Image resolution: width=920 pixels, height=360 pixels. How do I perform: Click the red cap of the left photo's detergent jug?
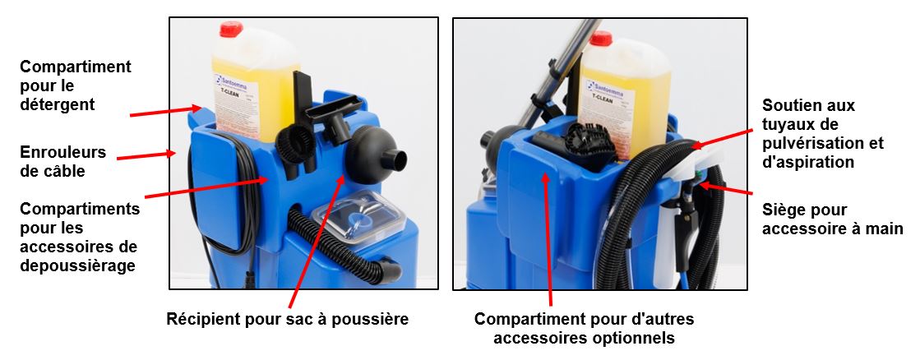pos(230,29)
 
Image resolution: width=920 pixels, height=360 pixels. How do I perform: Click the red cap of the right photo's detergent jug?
pos(601,39)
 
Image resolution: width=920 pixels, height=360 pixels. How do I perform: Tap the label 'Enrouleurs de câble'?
pos(62,161)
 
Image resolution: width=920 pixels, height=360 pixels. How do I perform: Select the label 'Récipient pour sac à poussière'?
pos(288,320)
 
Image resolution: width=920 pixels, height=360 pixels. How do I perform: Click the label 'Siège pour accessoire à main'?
pos(833,219)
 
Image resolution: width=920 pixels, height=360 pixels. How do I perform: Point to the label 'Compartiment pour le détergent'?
pos(75,85)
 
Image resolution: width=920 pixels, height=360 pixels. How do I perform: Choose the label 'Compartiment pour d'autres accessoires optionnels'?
pos(584,328)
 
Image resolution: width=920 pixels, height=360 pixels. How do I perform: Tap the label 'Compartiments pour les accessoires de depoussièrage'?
pos(80,237)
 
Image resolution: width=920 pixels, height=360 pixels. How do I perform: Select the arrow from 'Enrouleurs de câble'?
pos(146,156)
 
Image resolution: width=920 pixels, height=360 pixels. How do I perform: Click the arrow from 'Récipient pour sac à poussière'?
pos(317,240)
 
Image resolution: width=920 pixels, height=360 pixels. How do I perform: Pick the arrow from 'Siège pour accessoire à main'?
pos(726,188)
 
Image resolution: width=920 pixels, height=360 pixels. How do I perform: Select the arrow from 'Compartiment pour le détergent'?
pos(165,111)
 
